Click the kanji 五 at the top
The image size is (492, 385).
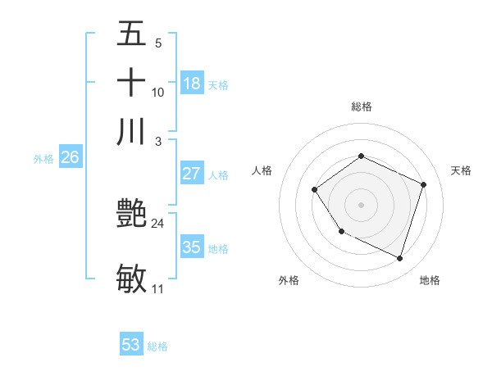tap(131, 35)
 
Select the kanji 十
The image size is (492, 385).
tap(131, 83)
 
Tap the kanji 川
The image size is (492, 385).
tap(131, 131)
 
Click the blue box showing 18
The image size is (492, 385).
tap(192, 84)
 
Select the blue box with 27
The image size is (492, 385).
tap(192, 174)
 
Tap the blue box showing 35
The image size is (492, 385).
tap(192, 247)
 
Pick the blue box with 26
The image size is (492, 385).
tap(71, 158)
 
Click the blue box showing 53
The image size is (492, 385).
tap(131, 345)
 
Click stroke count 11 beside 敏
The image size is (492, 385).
tap(158, 288)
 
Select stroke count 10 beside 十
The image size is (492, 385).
tap(158, 92)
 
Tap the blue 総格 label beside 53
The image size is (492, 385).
tap(157, 346)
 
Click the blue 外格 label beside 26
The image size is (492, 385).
tap(43, 160)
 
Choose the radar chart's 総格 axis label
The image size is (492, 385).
tap(361, 106)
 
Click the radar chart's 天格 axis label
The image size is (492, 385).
tap(461, 170)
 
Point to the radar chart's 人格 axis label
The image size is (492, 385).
tap(262, 170)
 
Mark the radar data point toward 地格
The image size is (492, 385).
tap(399, 259)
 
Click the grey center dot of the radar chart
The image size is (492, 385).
tap(361, 204)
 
